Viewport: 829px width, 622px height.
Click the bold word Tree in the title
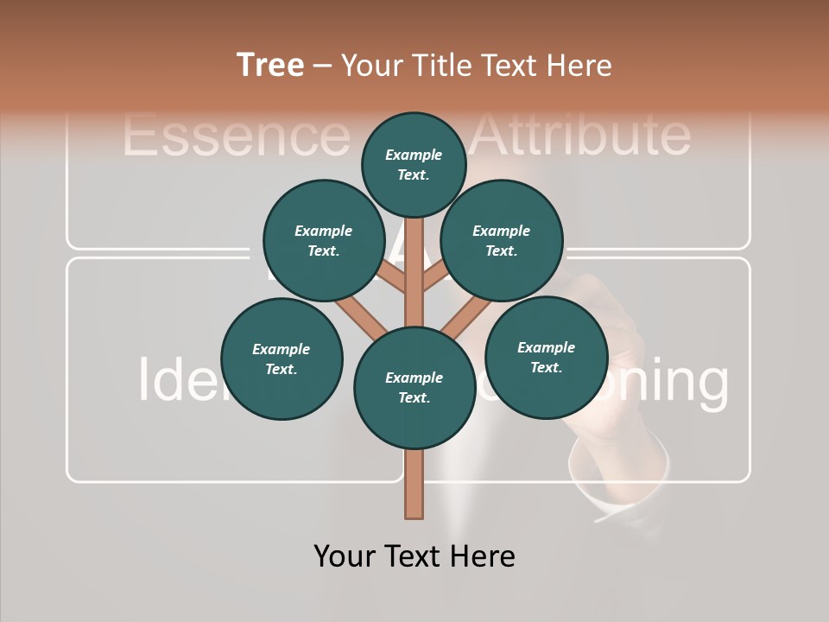(270, 66)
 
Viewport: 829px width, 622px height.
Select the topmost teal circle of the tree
(414, 164)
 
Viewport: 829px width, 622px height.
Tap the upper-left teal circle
(323, 241)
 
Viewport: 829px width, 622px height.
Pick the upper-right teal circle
(502, 241)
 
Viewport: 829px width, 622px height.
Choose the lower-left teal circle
(282, 359)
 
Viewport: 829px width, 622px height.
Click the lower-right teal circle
(547, 357)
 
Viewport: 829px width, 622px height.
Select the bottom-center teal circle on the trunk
(414, 388)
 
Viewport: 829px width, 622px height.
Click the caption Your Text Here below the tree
(414, 556)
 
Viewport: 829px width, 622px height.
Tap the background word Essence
(233, 135)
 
